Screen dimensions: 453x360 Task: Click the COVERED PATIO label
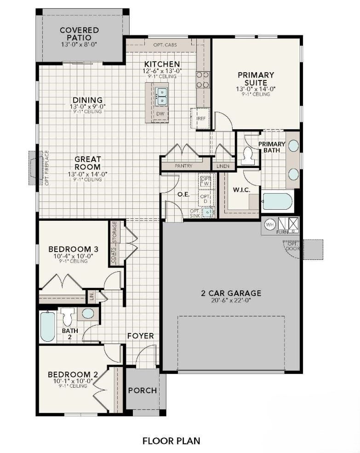click(79, 34)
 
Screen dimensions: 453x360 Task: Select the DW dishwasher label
click(160, 114)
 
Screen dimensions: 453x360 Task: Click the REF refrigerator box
click(201, 118)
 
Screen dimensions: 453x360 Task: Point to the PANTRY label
click(183, 166)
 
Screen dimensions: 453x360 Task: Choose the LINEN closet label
click(223, 166)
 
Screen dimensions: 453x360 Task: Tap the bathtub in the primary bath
click(277, 202)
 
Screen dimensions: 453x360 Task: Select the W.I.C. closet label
click(241, 189)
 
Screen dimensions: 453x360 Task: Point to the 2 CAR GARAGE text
click(231, 293)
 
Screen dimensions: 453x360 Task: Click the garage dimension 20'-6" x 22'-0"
click(231, 301)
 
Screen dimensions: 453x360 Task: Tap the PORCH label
click(142, 390)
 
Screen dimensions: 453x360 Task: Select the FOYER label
click(140, 336)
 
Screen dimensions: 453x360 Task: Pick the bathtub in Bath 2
click(47, 327)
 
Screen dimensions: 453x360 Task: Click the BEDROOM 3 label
click(69, 249)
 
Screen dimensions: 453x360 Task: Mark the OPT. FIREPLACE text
click(46, 168)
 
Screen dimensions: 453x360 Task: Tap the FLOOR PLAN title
click(171, 441)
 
